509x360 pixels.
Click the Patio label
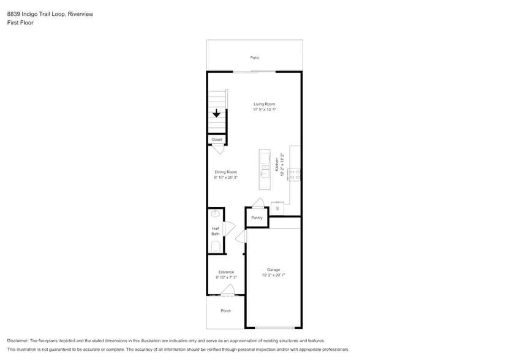[x=254, y=58]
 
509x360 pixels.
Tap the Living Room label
[x=265, y=104]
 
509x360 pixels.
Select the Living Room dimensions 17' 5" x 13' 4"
[x=265, y=110]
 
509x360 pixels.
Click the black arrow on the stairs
[x=216, y=113]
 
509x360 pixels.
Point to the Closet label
[x=217, y=140]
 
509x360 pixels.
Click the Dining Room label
[x=225, y=172]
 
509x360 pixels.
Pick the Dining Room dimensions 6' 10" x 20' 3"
[x=225, y=178]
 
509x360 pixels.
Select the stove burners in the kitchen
[x=294, y=174]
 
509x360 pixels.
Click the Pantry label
[x=257, y=217]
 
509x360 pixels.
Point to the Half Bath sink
[x=215, y=214]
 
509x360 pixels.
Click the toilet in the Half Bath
[x=216, y=246]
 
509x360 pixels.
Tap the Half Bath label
[x=216, y=231]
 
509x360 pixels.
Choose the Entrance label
[x=226, y=272]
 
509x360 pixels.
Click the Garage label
[x=273, y=269]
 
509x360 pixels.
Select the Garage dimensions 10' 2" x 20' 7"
[x=273, y=276]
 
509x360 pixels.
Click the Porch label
[x=226, y=310]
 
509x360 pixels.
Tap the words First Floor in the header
[x=21, y=23]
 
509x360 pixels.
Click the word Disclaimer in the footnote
[x=18, y=340]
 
